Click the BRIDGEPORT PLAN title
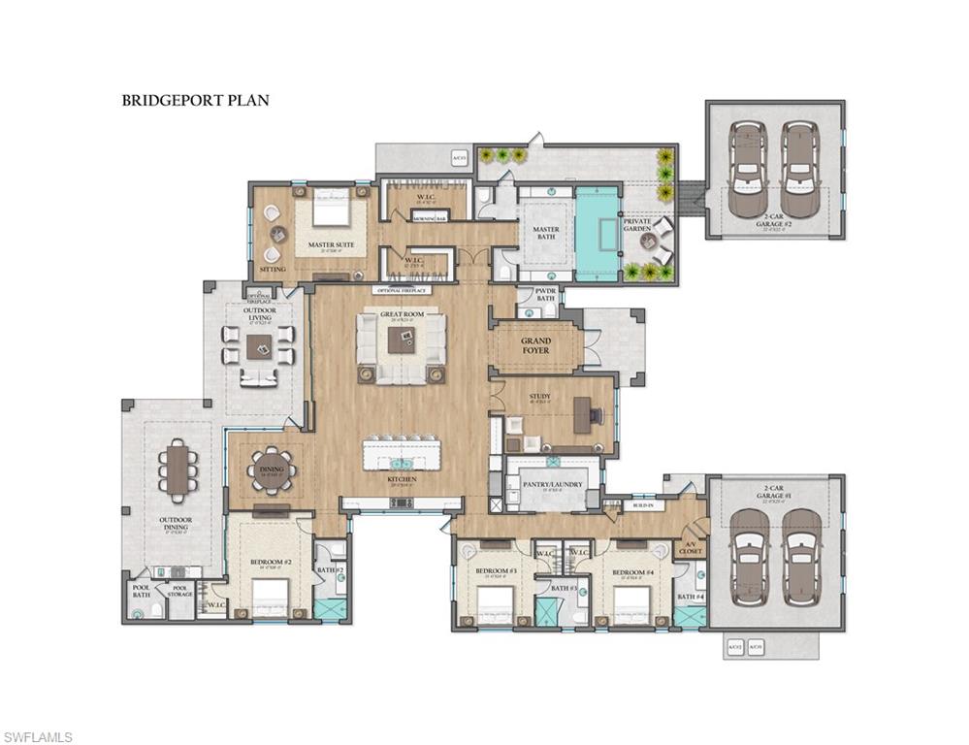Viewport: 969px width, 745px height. [195, 99]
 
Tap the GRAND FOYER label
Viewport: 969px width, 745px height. [535, 345]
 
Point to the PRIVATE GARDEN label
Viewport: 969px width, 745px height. [637, 225]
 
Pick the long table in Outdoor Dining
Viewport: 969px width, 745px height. [178, 470]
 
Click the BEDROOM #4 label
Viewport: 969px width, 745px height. [635, 573]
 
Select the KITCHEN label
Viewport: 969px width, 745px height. [402, 479]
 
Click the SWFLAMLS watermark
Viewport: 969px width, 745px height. [38, 737]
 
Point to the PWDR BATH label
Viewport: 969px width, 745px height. [545, 296]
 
